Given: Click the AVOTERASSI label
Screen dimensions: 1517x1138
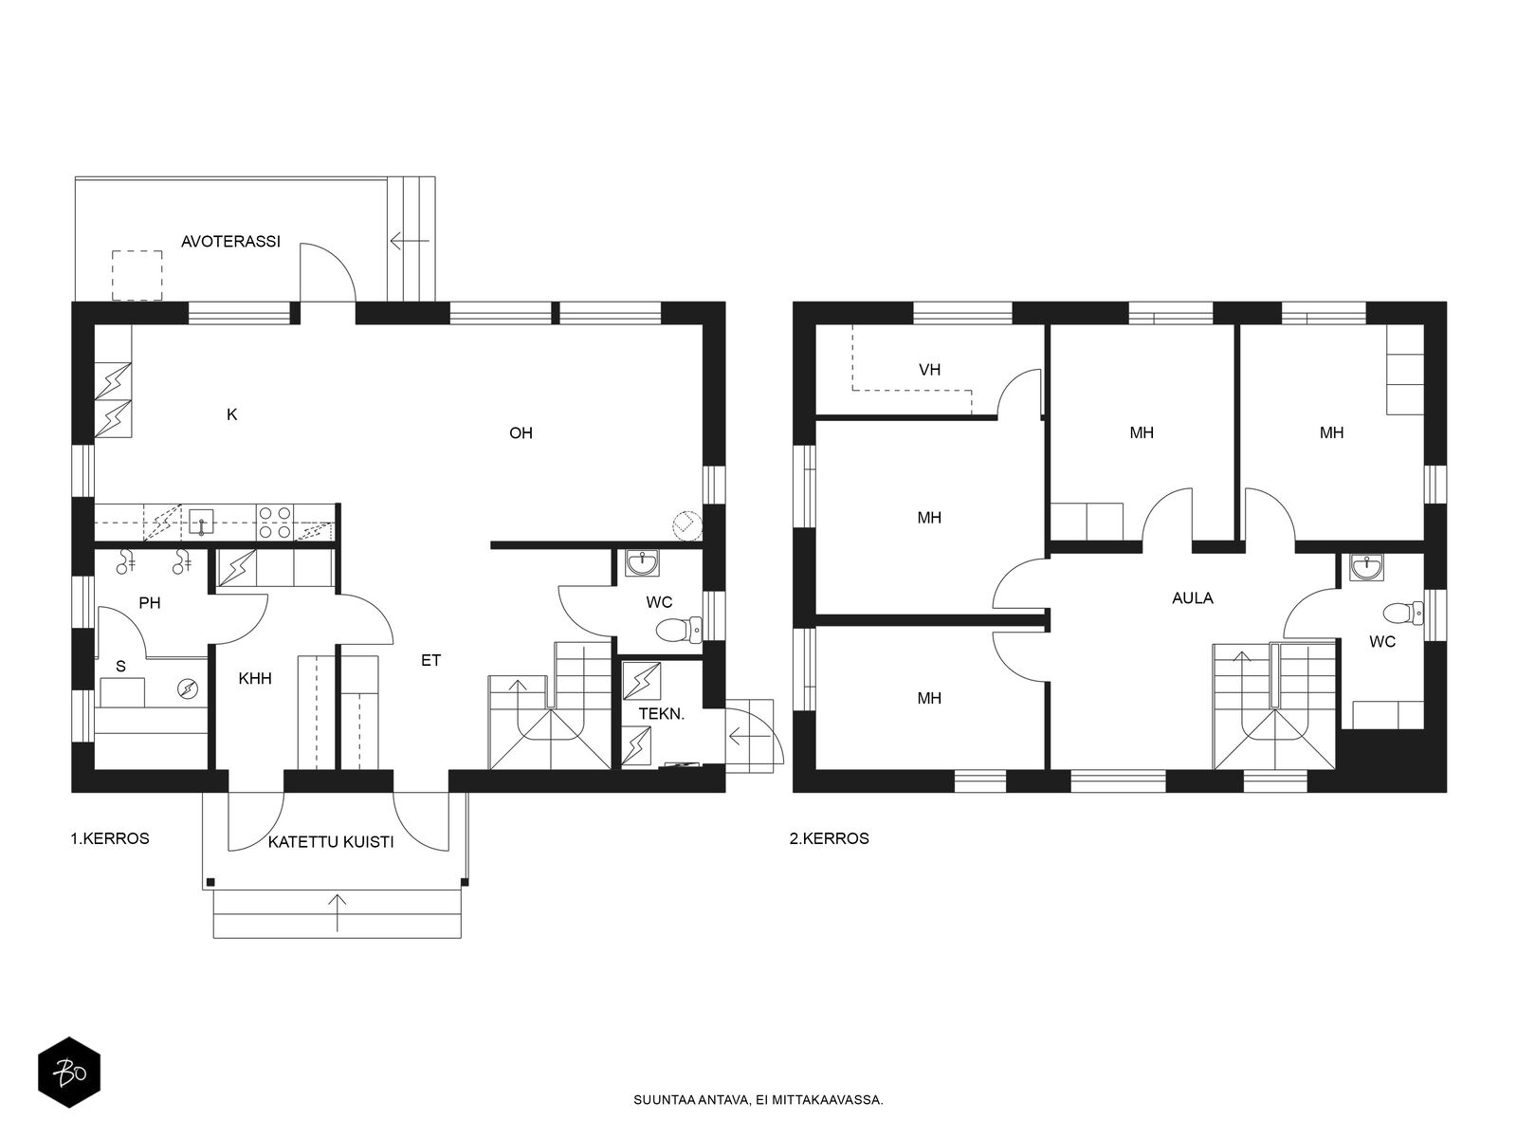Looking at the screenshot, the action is point(230,241).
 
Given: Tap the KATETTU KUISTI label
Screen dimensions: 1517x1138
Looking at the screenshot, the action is point(330,842).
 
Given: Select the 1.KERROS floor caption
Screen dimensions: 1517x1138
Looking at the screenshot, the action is point(110,838).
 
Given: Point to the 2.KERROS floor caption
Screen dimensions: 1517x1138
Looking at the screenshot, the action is point(830,838).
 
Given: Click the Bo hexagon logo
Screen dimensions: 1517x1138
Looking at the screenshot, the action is point(69,1073).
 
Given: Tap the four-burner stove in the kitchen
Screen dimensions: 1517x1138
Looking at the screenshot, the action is point(274,523).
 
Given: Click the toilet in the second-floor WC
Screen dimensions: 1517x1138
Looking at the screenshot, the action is point(1403,613).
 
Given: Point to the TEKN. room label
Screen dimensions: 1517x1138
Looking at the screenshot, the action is point(662,714).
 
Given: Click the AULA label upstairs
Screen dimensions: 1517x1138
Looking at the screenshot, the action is point(1192,597).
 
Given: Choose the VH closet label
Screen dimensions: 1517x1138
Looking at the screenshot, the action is point(929,370).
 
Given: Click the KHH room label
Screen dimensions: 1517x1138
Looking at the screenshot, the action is point(255,678).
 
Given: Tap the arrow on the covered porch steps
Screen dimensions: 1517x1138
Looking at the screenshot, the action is point(337,912).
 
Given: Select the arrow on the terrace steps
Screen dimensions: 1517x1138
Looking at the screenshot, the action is point(410,241).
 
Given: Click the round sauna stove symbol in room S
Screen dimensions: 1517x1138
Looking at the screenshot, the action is point(188,688).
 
